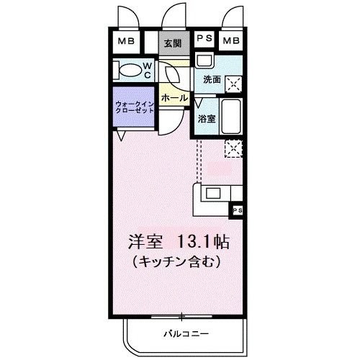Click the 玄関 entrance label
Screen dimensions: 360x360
click(173, 43)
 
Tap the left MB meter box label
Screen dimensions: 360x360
click(126, 41)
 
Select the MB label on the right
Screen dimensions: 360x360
click(231, 40)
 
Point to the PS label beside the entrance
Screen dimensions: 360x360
click(204, 38)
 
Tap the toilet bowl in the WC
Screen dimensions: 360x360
click(130, 70)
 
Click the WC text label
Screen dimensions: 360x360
click(148, 71)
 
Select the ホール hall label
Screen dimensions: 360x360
click(174, 98)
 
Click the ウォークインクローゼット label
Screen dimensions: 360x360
click(135, 107)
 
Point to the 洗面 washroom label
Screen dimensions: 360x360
click(212, 80)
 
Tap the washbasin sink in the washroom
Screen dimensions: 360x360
click(204, 61)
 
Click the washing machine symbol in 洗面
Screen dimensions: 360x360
click(233, 84)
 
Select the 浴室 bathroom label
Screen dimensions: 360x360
click(207, 119)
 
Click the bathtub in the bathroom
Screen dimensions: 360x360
click(231, 117)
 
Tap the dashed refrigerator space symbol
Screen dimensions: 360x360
click(233, 149)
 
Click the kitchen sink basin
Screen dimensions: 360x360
click(213, 194)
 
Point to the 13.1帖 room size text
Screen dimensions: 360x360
click(203, 242)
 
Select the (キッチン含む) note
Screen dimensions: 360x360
click(176, 261)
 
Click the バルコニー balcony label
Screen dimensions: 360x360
click(186, 333)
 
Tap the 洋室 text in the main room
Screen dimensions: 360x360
click(145, 242)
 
